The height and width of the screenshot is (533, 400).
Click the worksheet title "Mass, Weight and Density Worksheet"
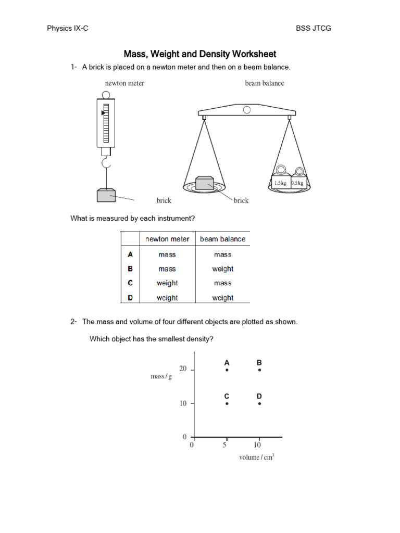click(x=199, y=54)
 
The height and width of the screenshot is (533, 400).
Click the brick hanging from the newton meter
click(x=106, y=195)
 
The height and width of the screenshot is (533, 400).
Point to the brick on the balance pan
click(x=204, y=183)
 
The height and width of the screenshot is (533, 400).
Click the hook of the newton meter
click(x=106, y=164)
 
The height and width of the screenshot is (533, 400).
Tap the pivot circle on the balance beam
click(x=247, y=110)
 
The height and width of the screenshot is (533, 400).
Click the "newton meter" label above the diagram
click(x=124, y=83)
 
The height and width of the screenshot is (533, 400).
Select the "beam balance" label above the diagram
click(x=265, y=83)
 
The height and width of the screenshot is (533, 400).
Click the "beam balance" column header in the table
click(x=222, y=239)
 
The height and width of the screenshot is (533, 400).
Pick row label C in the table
click(x=130, y=283)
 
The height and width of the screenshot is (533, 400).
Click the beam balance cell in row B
click(x=222, y=269)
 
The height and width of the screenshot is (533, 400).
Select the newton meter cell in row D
click(x=167, y=298)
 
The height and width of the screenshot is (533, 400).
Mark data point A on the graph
click(x=227, y=370)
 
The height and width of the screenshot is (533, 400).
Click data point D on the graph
click(x=259, y=403)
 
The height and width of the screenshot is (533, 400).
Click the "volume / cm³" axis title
click(x=256, y=457)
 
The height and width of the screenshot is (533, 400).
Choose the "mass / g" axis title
click(x=161, y=376)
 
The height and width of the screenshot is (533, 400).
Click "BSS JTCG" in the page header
click(x=313, y=28)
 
